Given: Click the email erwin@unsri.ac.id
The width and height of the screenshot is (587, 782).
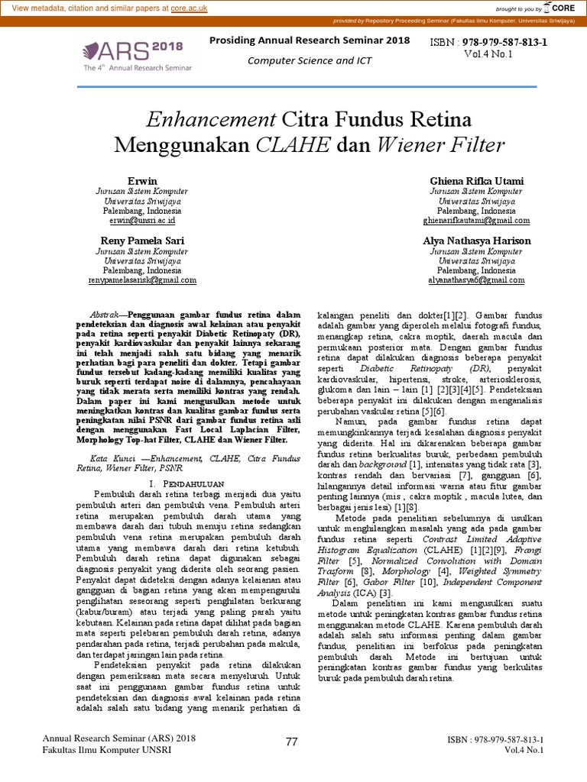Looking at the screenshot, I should click(x=142, y=220).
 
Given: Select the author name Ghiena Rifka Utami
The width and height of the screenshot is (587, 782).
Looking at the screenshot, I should click(x=476, y=180).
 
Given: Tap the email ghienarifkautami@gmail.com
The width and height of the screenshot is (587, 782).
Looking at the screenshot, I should click(x=476, y=220).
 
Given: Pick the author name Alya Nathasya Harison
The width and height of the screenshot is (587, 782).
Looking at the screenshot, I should click(x=476, y=241).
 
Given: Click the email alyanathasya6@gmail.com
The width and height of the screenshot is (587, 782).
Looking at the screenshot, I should click(x=476, y=280).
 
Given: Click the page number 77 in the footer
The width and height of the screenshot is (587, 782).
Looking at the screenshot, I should click(x=291, y=742).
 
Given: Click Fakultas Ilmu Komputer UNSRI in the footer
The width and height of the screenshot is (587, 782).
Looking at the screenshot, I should click(x=107, y=749).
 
